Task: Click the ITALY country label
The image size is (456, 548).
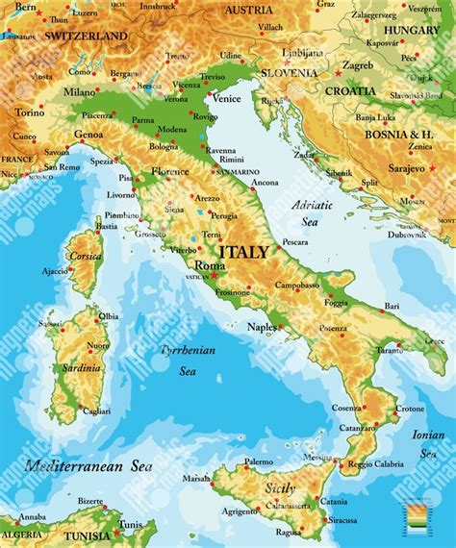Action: click(x=244, y=252)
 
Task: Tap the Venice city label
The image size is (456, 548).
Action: click(x=226, y=98)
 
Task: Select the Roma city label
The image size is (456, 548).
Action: click(x=210, y=265)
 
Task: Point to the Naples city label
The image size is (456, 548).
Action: click(x=262, y=327)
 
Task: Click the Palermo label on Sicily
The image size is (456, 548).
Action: click(x=259, y=461)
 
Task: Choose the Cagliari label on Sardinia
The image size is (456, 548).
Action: click(x=96, y=411)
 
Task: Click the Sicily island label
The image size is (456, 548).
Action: click(x=280, y=488)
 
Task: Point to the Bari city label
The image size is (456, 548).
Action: click(x=392, y=306)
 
